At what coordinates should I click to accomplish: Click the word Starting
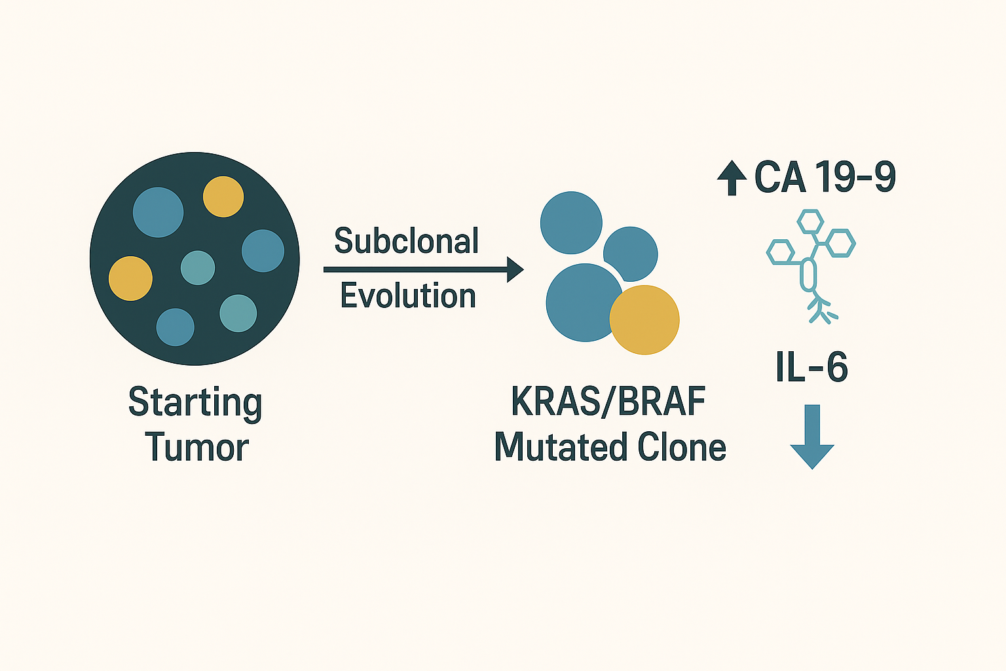click(x=195, y=402)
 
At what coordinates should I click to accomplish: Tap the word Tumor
click(x=196, y=448)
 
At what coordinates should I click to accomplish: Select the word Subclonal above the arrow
click(x=407, y=241)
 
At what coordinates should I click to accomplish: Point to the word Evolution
click(x=408, y=296)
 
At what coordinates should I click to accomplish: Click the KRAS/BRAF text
click(x=608, y=402)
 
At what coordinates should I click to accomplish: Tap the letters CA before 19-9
click(x=780, y=177)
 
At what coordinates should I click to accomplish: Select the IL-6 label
click(x=812, y=368)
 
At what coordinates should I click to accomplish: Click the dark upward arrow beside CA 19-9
click(x=732, y=178)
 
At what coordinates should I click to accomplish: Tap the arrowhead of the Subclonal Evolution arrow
click(x=515, y=269)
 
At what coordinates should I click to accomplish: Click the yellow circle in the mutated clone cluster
click(x=644, y=320)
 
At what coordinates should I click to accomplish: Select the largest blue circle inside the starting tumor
click(x=158, y=212)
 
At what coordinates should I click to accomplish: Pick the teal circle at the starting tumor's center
click(x=198, y=268)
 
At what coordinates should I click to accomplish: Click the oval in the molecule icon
click(x=809, y=275)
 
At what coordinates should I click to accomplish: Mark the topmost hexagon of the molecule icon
click(x=810, y=221)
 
